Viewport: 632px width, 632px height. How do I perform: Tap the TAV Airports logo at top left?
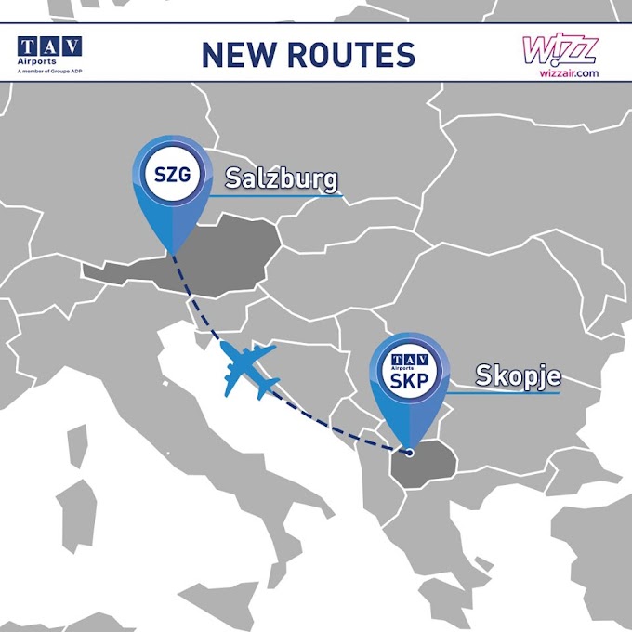(x=49, y=46)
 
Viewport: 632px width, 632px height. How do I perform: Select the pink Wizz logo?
(x=560, y=46)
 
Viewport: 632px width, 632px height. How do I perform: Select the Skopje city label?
(x=519, y=375)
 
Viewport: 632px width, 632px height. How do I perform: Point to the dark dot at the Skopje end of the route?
(x=406, y=453)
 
